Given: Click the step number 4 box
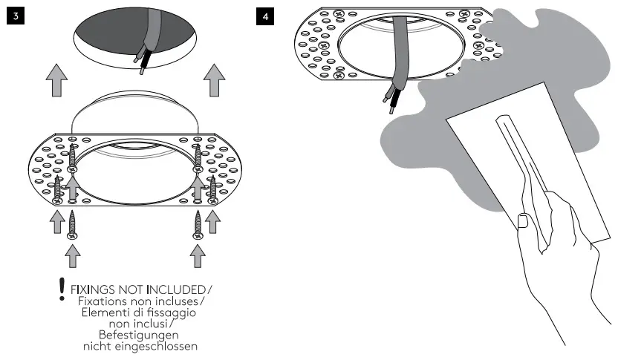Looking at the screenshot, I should coord(264,16).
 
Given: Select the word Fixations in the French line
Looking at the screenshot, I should coord(102,301).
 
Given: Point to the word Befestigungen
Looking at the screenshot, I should coord(139,335).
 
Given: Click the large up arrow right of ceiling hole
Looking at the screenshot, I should coord(215,80).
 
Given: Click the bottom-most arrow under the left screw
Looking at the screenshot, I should coord(72,256).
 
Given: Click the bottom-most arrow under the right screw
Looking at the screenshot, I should coord(198,256).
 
